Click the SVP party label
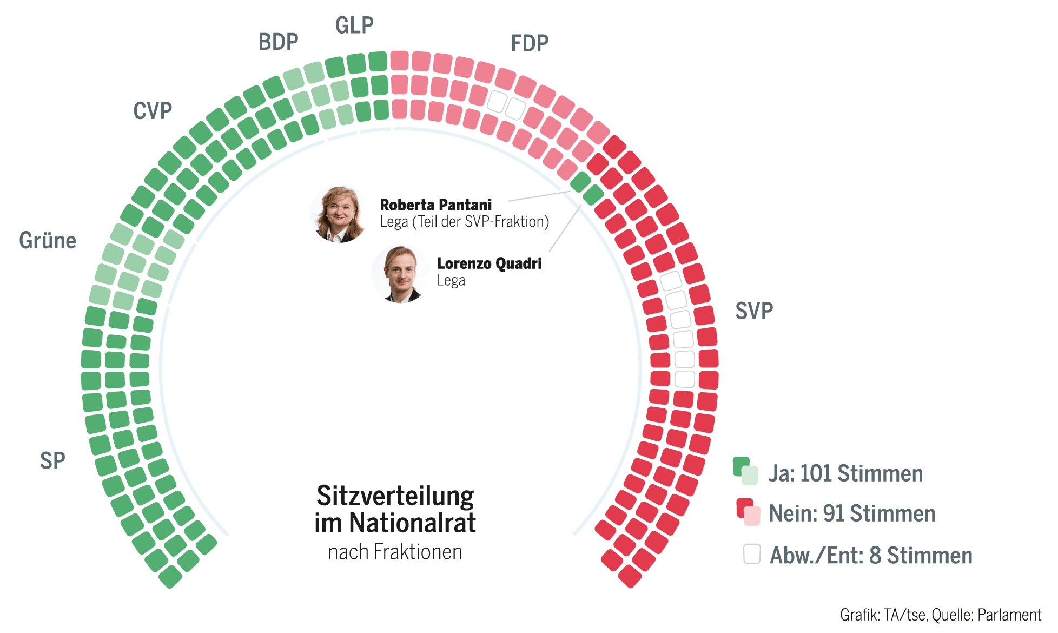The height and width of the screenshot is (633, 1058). point(753,311)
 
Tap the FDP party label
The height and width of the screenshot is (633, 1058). point(530,43)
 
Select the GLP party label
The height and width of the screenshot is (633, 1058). point(354,25)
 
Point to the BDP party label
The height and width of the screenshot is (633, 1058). point(278,42)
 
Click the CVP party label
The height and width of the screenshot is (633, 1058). point(153,111)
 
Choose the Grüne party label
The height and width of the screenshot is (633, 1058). point(48,241)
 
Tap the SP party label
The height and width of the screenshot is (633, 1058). point(52,461)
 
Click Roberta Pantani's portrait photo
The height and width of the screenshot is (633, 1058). point(339,214)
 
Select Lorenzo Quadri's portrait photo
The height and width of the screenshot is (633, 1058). point(401,274)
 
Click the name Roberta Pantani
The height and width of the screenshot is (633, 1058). point(435,205)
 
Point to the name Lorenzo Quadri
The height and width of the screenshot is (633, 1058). point(489,263)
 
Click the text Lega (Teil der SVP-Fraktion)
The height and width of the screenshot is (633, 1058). point(464,222)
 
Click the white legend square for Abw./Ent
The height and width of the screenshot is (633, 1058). point(751,554)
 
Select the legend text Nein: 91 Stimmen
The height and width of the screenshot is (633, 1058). point(852,513)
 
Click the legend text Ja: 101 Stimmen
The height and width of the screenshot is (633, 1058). point(845,473)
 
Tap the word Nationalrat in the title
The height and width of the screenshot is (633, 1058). point(412,523)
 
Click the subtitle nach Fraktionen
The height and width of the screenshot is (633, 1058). point(395,552)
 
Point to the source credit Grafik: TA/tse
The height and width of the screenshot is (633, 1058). point(882,615)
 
